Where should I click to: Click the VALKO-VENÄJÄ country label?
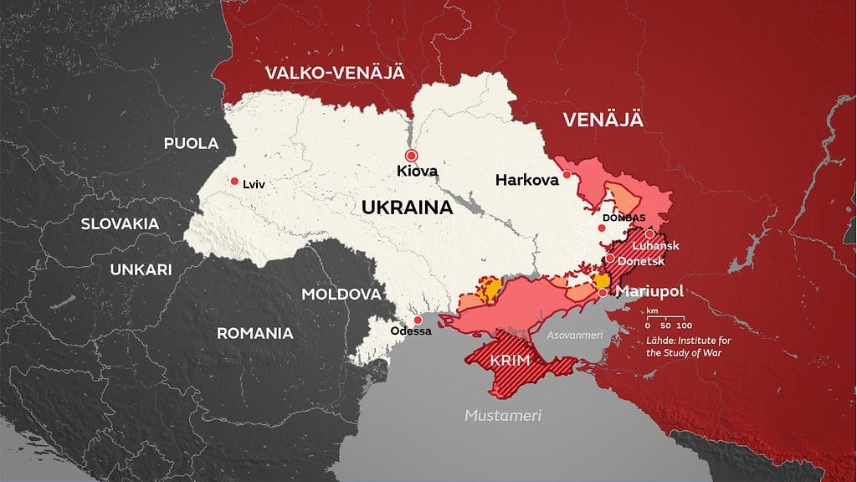(335, 73)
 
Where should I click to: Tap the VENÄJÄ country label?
(603, 120)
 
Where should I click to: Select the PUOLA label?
(191, 143)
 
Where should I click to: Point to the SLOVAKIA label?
(121, 223)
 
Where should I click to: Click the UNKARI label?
(141, 269)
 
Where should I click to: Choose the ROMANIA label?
(255, 333)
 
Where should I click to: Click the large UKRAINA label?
(408, 208)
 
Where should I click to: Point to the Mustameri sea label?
(504, 415)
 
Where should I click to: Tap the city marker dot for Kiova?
(411, 156)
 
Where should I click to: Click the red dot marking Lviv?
(234, 182)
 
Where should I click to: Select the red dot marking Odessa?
(418, 320)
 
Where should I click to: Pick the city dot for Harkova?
(567, 174)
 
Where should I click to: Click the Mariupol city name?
(649, 291)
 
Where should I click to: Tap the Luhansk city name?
(656, 245)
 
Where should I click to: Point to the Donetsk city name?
(642, 261)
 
